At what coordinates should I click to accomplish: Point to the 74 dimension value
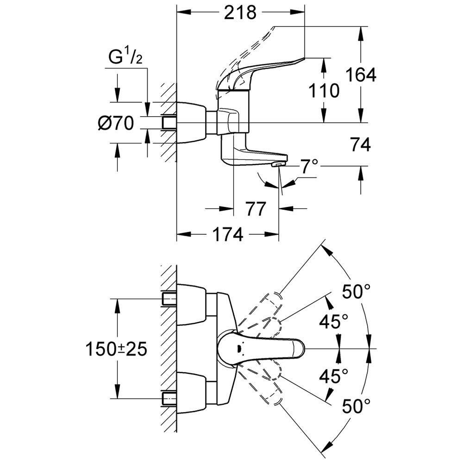click(360, 145)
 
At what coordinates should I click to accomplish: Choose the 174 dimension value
click(227, 235)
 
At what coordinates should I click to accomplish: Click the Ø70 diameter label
click(115, 123)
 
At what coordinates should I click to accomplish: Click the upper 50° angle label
click(357, 292)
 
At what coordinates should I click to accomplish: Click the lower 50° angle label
click(357, 407)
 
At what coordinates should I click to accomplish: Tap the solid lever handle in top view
click(264, 348)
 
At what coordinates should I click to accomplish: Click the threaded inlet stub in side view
click(169, 123)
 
